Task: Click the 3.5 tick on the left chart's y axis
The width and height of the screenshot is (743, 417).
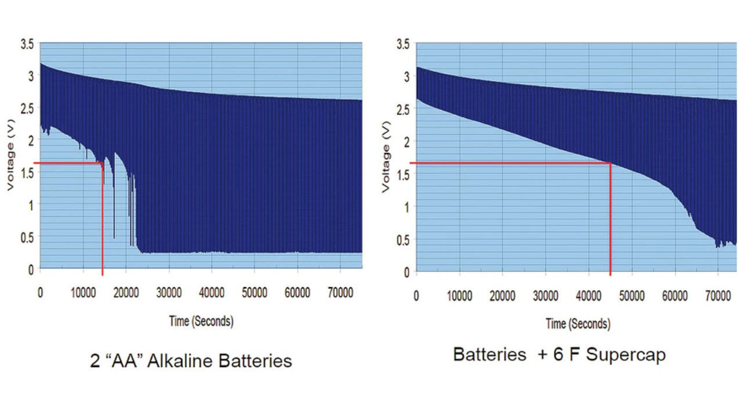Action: pos(27,43)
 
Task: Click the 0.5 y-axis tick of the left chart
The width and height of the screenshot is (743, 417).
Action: pos(27,237)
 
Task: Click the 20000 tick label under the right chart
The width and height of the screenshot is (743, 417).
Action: pos(502,296)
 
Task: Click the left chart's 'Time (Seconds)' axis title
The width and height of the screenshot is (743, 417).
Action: pos(201,321)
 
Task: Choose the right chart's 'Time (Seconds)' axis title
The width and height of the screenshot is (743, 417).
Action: pos(578,324)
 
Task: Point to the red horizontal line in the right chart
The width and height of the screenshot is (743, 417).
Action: pos(511,164)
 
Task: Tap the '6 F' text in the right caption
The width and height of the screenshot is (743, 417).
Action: pos(567,355)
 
